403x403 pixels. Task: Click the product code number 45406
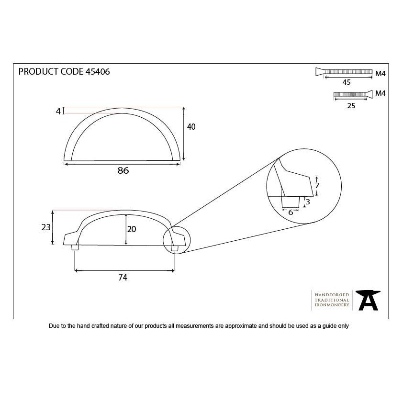[x=98, y=71]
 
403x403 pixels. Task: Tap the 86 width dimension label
[x=123, y=170]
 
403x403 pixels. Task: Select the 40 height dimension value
[x=191, y=127]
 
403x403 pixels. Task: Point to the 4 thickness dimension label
[x=58, y=112]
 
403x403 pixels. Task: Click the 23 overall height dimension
[x=46, y=227]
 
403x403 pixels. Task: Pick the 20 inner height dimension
[x=132, y=229]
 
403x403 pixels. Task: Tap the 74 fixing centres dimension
[x=123, y=277]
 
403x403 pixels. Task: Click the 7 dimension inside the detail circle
[x=317, y=185]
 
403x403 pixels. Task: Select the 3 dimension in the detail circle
[x=308, y=202]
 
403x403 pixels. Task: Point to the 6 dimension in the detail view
[x=291, y=213]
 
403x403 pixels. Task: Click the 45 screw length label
[x=347, y=82]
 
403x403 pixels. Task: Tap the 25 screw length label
[x=351, y=106]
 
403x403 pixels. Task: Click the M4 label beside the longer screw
[x=381, y=74]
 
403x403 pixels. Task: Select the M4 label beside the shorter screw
[x=381, y=93]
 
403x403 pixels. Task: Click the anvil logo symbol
[x=368, y=300]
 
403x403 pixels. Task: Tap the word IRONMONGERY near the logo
[x=332, y=305]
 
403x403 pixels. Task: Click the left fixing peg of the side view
[x=75, y=247]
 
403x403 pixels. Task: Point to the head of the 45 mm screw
[x=320, y=72]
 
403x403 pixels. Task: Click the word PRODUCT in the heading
[x=38, y=71]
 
